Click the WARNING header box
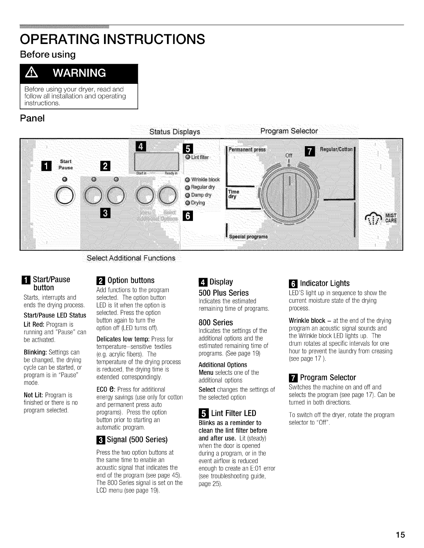click(x=79, y=73)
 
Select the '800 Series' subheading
click(x=216, y=322)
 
